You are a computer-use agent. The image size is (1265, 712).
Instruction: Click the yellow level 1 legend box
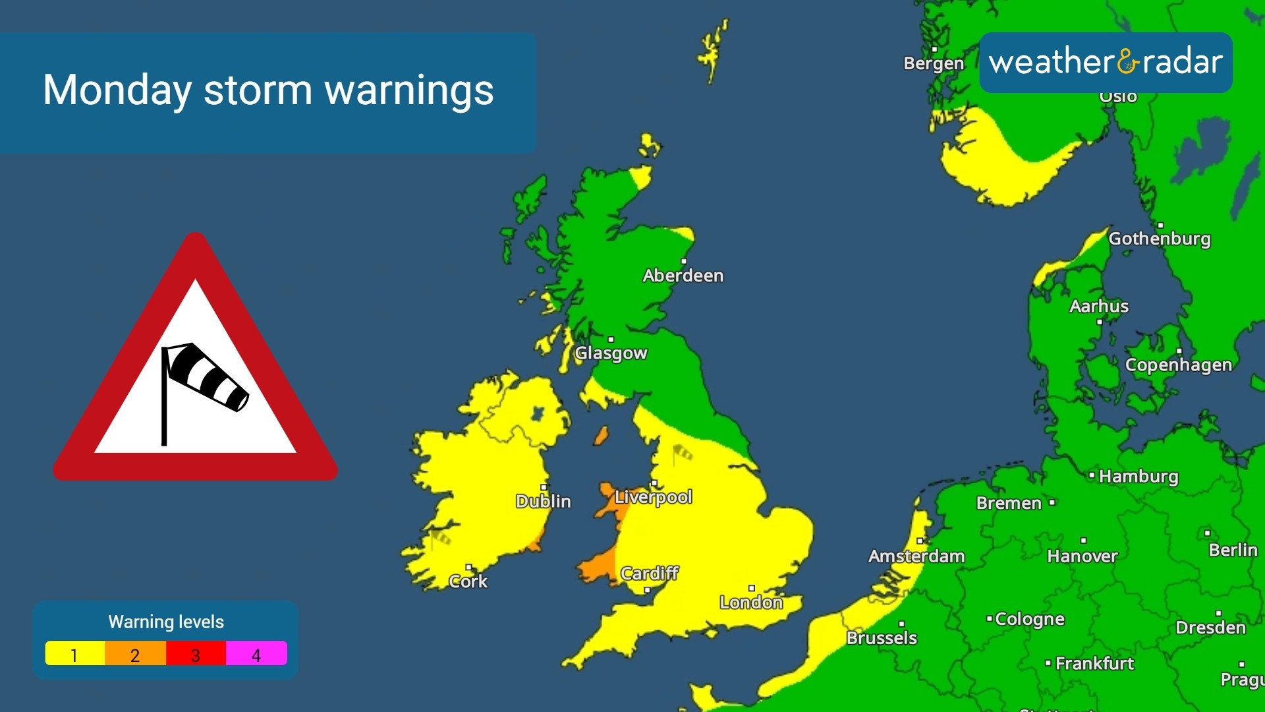pos(74,653)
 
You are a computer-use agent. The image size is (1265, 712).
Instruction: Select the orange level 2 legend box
pos(135,653)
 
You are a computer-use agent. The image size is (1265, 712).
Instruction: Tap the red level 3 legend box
pos(196,653)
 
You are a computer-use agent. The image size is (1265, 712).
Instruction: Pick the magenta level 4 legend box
pos(256,653)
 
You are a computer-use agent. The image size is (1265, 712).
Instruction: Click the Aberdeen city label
pos(683,276)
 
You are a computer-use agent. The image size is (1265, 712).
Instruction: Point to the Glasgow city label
pos(611,353)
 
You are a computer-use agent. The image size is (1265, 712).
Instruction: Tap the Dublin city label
pos(544,502)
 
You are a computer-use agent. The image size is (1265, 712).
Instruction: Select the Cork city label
pos(468,581)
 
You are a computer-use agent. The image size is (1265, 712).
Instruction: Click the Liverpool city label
pos(653,497)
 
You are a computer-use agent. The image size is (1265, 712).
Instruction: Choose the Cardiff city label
pos(650,574)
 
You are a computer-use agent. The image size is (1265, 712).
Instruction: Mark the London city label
pos(751,602)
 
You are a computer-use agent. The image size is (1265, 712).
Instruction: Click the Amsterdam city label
pos(916,556)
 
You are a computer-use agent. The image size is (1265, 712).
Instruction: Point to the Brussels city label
pos(882,638)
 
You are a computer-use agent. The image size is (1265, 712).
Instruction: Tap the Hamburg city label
pos(1138,477)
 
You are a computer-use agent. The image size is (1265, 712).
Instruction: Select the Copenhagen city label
pos(1178,365)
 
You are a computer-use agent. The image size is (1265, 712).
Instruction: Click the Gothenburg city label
pos(1160,239)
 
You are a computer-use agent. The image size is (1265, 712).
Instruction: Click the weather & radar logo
pos(1106,63)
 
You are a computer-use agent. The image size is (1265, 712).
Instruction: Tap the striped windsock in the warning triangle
pos(208,376)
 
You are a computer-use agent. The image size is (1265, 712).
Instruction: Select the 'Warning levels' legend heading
pos(166,622)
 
